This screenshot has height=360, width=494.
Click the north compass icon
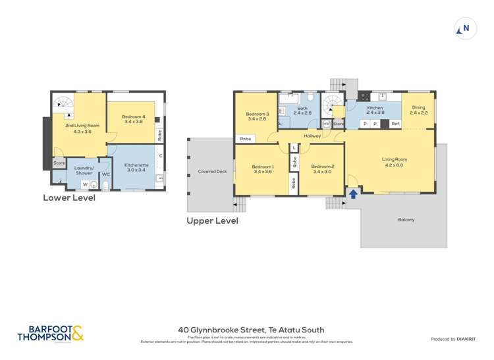[465, 28]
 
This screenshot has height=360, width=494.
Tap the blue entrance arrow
[353, 193]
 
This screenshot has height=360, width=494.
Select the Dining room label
[418, 110]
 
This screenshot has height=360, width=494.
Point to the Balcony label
[406, 219]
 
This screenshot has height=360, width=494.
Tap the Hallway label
[312, 136]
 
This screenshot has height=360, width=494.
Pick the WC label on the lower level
[105, 175]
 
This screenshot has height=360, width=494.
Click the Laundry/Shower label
[84, 170]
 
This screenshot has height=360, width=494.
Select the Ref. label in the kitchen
[395, 123]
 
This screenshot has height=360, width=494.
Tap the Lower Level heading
[69, 197]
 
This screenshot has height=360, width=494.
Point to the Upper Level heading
[212, 221]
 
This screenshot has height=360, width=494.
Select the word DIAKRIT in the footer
[466, 339]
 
